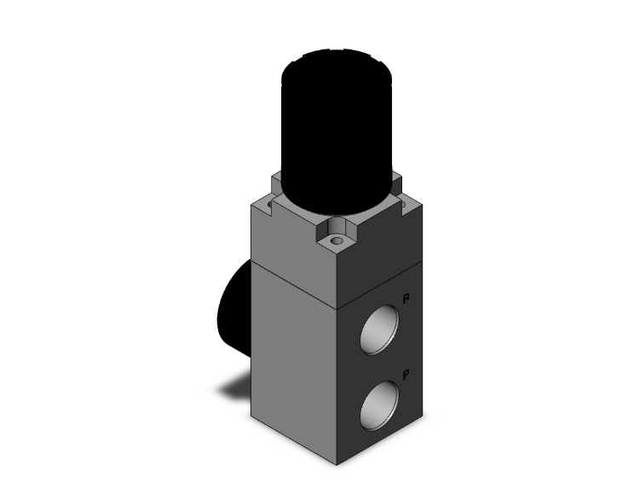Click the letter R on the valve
click(x=407, y=299)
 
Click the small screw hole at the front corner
click(x=339, y=242)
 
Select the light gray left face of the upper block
click(x=294, y=247)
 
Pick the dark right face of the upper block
click(x=383, y=256)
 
